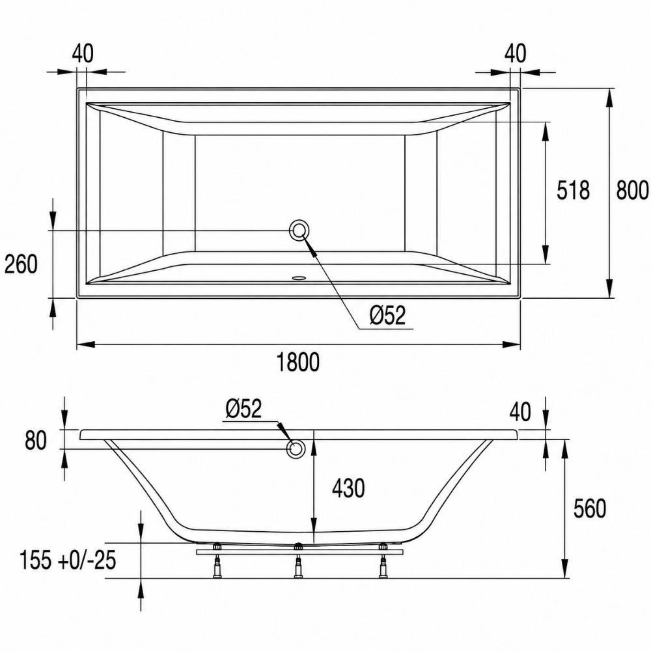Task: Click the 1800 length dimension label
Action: click(298, 362)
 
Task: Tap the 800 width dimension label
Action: click(632, 191)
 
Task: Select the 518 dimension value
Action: click(573, 191)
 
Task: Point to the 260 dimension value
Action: click(21, 264)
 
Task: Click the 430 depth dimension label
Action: click(348, 488)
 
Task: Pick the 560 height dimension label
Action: click(590, 508)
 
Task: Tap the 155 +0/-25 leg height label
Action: click(68, 561)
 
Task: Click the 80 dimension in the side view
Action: click(36, 441)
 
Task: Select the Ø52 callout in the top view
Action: click(387, 315)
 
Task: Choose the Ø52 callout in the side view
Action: click(243, 409)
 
